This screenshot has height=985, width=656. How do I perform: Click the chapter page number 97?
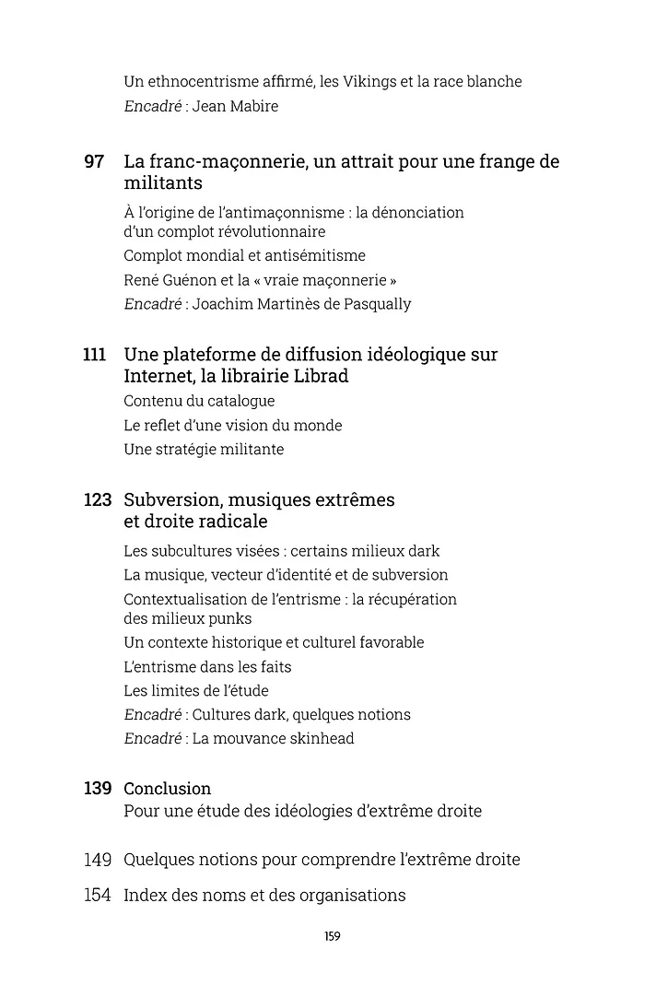click(94, 162)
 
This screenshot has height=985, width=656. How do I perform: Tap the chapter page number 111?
click(95, 355)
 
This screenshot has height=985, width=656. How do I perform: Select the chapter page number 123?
click(97, 500)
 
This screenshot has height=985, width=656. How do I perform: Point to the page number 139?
click(97, 789)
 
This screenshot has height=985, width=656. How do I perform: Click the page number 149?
click(97, 860)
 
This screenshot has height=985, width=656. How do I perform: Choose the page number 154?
click(97, 895)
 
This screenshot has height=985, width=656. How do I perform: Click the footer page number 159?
click(333, 936)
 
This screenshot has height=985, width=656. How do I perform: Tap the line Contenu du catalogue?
click(199, 401)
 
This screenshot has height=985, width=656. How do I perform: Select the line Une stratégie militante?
click(204, 450)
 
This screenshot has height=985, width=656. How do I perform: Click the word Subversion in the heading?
click(173, 500)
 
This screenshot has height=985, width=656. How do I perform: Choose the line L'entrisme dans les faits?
click(207, 666)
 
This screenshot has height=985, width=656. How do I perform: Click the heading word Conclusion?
click(168, 789)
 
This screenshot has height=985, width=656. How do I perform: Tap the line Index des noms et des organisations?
click(264, 895)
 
